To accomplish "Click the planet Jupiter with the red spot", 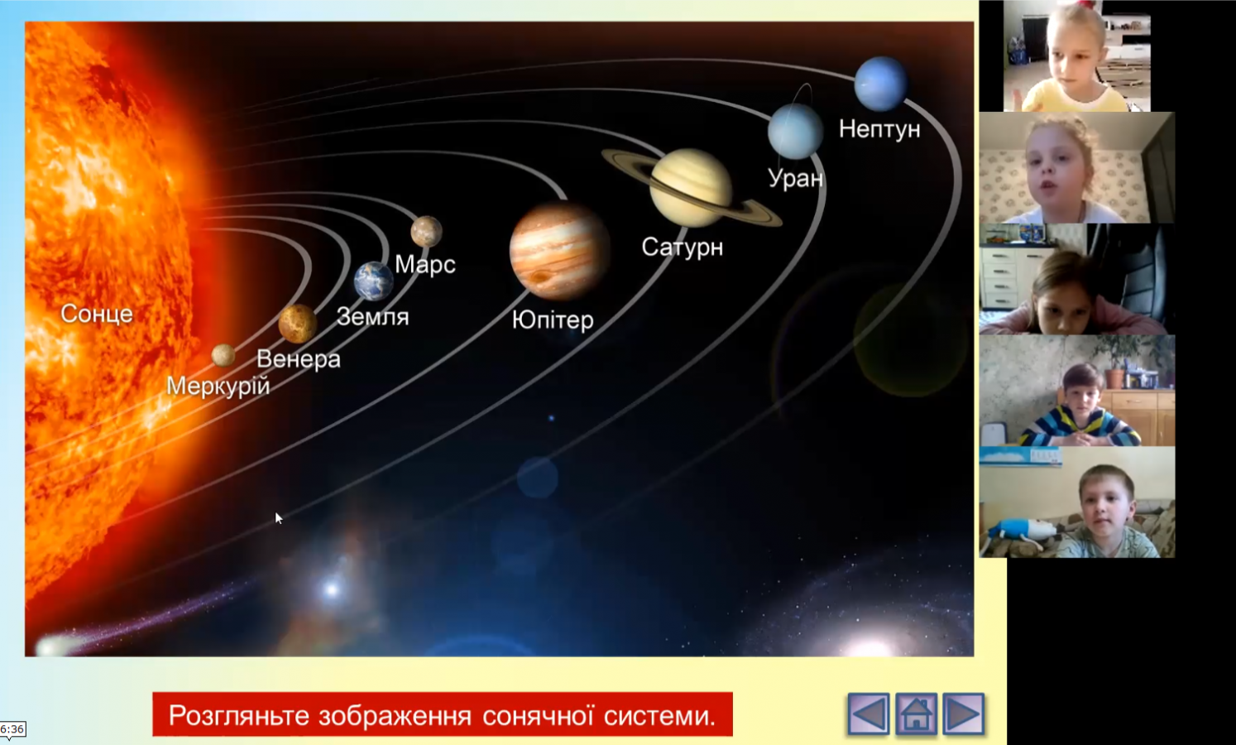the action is tap(559, 251).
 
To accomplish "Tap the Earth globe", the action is tap(374, 281).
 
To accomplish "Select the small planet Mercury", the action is tap(223, 355).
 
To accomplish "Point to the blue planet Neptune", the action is tap(880, 84).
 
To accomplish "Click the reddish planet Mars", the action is tap(427, 231).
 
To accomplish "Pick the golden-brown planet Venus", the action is tap(297, 323).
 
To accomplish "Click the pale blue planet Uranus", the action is tap(795, 132).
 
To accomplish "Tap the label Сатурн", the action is tap(682, 247).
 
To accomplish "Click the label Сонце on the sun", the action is tap(97, 314).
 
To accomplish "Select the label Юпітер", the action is tap(553, 320).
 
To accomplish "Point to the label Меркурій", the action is tap(218, 386).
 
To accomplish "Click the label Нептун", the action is tap(879, 129).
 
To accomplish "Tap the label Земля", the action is tap(372, 317).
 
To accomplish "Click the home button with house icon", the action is tap(916, 714).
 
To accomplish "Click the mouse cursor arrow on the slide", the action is tap(278, 518).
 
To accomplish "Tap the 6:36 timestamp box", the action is tap(12, 729).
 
